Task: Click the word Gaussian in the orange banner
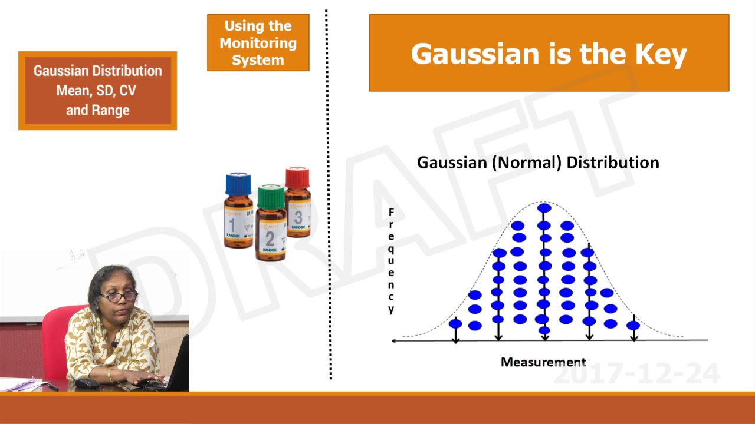click(461, 54)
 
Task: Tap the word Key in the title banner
click(661, 54)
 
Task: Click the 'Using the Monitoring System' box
click(258, 43)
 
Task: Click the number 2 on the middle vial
click(270, 238)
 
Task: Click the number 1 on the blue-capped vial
click(232, 225)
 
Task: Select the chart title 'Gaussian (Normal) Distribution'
click(537, 163)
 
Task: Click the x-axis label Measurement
click(543, 362)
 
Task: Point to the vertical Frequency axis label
click(391, 261)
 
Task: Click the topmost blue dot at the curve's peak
click(544, 208)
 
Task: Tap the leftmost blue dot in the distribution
click(455, 323)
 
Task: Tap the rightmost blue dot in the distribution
click(633, 325)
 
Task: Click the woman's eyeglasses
click(119, 296)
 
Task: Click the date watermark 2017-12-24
click(637, 374)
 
